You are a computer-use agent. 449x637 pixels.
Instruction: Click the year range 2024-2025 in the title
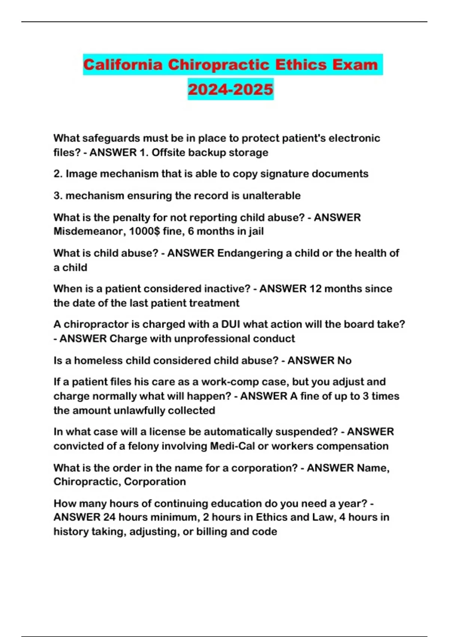click(230, 89)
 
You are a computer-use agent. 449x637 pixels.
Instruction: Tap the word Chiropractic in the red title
click(219, 65)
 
